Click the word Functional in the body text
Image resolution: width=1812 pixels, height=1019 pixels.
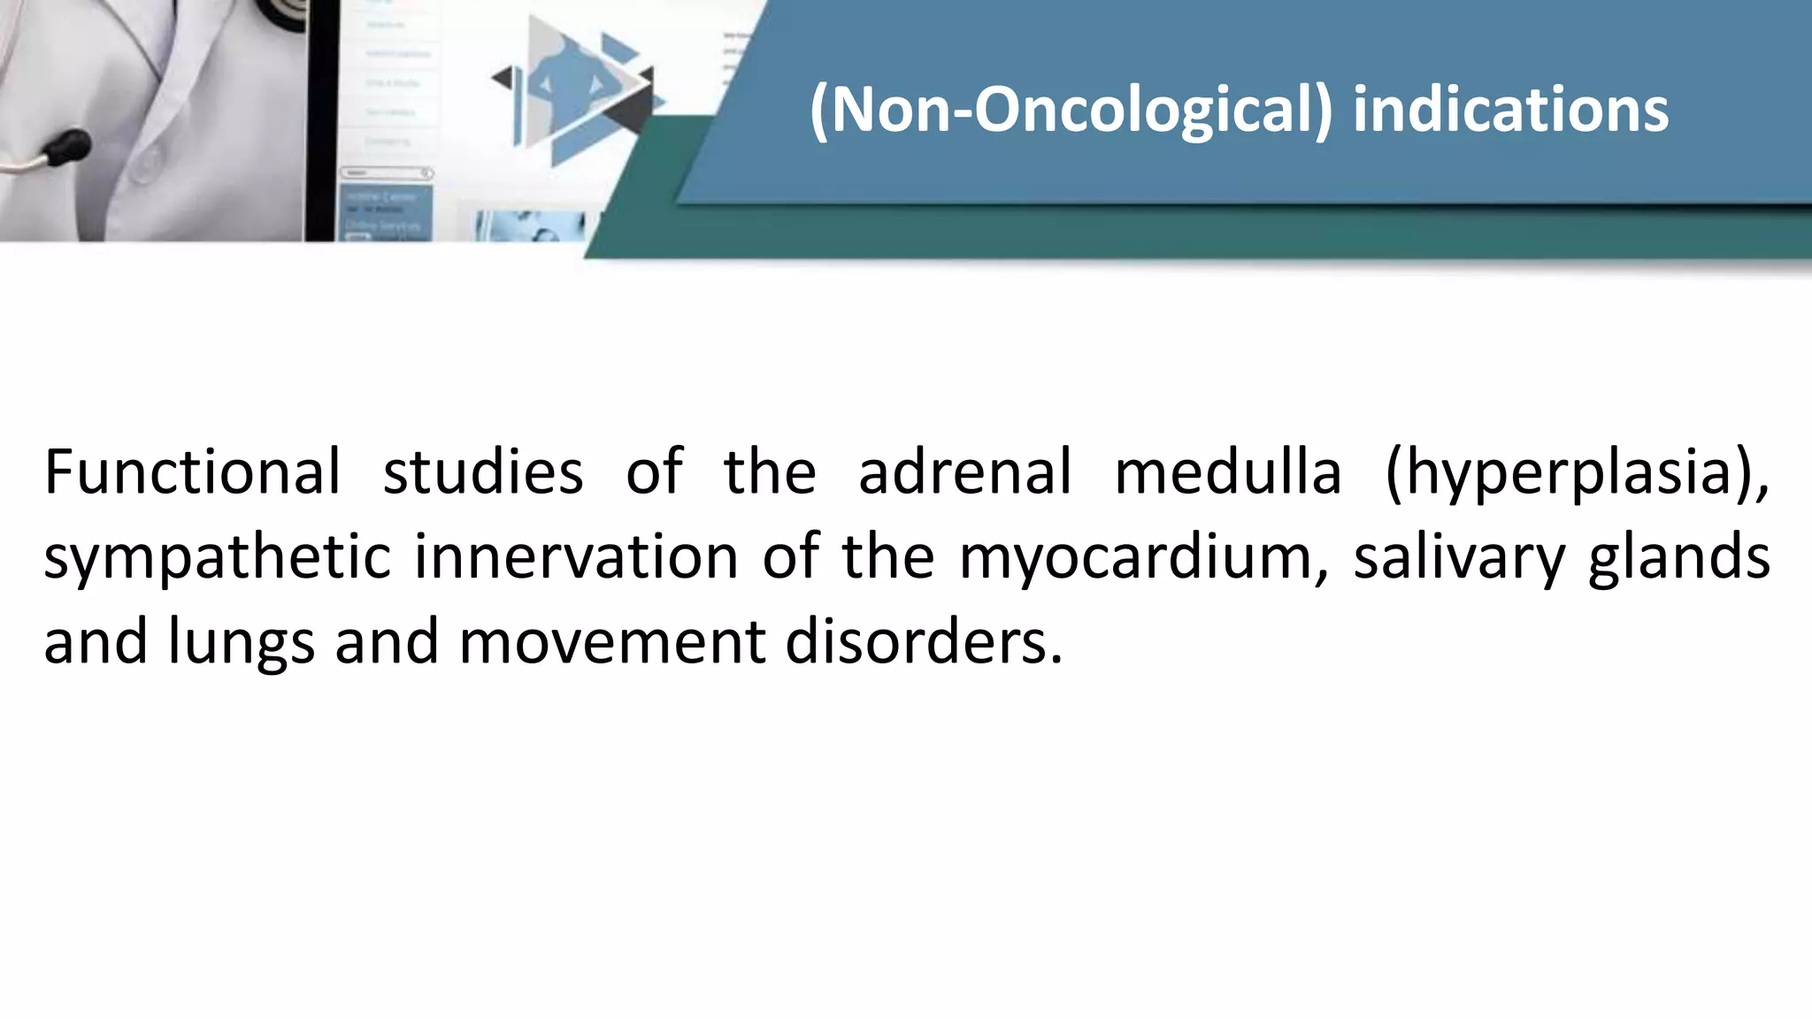[x=192, y=471]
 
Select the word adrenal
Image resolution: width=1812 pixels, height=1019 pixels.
[x=964, y=471]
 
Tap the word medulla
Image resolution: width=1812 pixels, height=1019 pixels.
[x=1227, y=471]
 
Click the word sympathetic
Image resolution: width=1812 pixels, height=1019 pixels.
[x=217, y=558]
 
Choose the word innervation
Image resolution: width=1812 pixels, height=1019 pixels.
[x=576, y=556]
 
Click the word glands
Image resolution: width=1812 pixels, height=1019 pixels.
[x=1678, y=558]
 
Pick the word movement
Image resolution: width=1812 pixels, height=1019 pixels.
[x=611, y=641]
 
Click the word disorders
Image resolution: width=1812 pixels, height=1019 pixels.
[x=923, y=641]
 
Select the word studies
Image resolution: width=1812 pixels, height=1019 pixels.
[x=483, y=471]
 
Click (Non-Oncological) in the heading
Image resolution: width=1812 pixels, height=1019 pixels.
[x=1070, y=111]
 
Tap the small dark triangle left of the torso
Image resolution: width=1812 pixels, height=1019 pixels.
[x=503, y=78]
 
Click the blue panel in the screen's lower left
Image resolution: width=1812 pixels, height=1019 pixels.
[x=384, y=212]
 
